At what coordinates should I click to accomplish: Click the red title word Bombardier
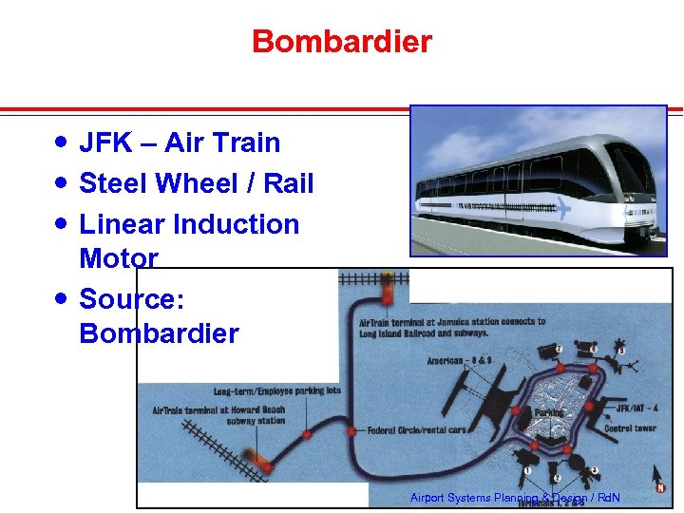[342, 42]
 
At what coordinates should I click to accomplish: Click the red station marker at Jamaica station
[387, 297]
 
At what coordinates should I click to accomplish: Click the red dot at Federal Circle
[351, 431]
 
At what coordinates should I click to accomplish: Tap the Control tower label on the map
[630, 428]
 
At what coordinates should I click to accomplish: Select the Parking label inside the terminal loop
[548, 412]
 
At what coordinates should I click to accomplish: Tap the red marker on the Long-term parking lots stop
[307, 434]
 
